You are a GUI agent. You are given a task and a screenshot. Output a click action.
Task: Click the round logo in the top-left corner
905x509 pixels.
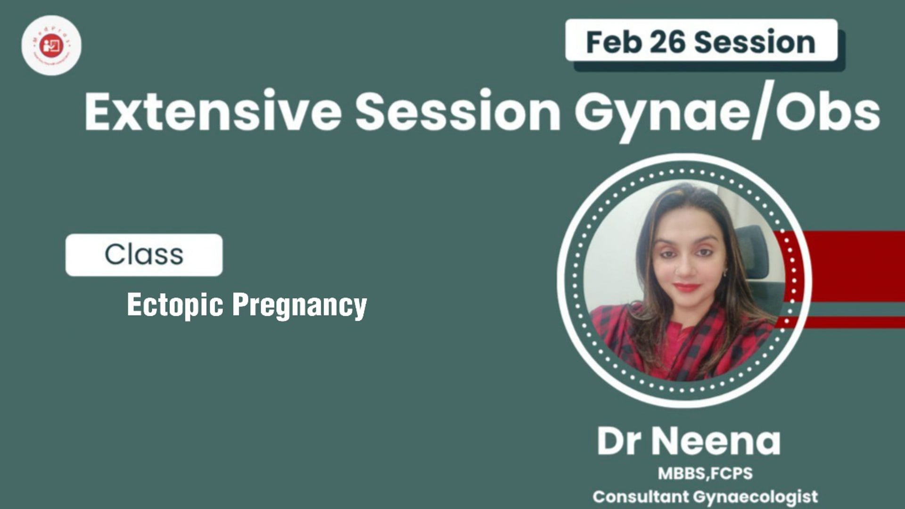[x=51, y=45]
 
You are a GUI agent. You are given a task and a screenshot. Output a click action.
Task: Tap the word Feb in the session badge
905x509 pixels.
[x=613, y=42]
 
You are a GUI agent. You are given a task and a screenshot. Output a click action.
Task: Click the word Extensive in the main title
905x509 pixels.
[x=213, y=112]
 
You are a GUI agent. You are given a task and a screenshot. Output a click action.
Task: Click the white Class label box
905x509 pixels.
[x=144, y=254]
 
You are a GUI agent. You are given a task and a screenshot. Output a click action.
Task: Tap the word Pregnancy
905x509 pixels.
[x=299, y=305]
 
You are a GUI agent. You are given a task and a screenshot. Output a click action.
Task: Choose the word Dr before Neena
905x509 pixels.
[x=619, y=442]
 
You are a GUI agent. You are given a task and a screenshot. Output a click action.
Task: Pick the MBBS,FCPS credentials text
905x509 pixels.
[x=705, y=473]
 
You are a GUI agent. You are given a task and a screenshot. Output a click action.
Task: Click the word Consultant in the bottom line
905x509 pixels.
[x=640, y=496]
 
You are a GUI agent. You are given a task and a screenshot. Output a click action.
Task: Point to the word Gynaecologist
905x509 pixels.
[x=756, y=497]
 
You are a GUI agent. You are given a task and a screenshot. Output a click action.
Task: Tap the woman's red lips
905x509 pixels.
[x=686, y=287]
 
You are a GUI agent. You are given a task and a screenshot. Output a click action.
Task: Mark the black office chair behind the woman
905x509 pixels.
[x=754, y=250]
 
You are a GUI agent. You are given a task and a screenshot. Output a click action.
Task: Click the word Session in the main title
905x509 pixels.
[x=458, y=112]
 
